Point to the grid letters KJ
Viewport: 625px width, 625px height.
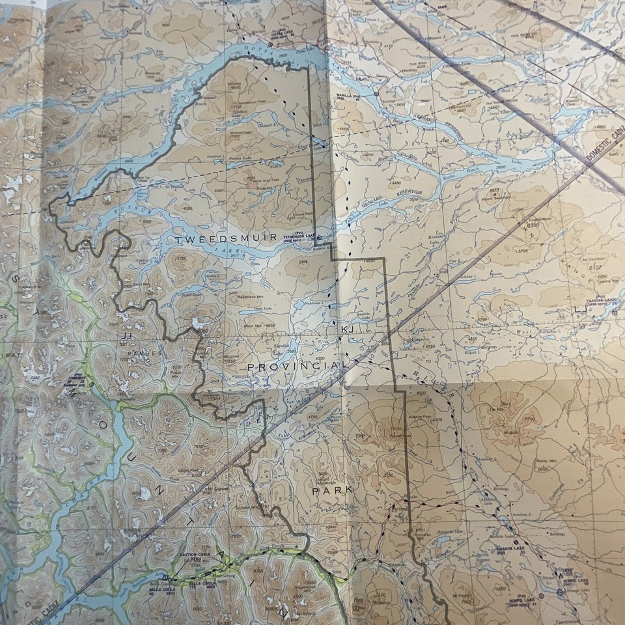tap(347, 331)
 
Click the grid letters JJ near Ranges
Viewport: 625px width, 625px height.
tap(126, 336)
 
